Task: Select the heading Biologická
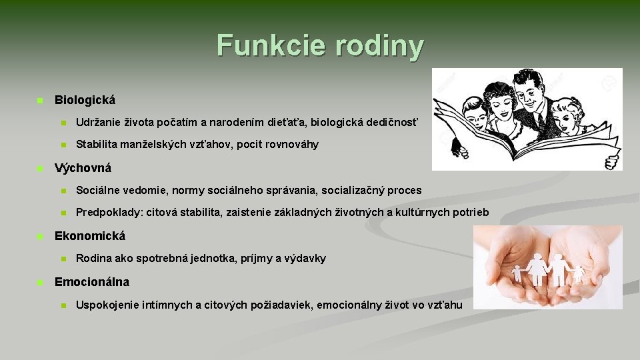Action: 85,100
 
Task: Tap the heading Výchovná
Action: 83,168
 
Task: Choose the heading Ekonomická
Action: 90,236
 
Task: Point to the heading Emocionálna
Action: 92,282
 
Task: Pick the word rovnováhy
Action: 290,145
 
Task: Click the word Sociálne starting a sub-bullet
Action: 99,191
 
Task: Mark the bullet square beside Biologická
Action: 39,101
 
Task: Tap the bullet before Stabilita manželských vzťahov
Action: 63,145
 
